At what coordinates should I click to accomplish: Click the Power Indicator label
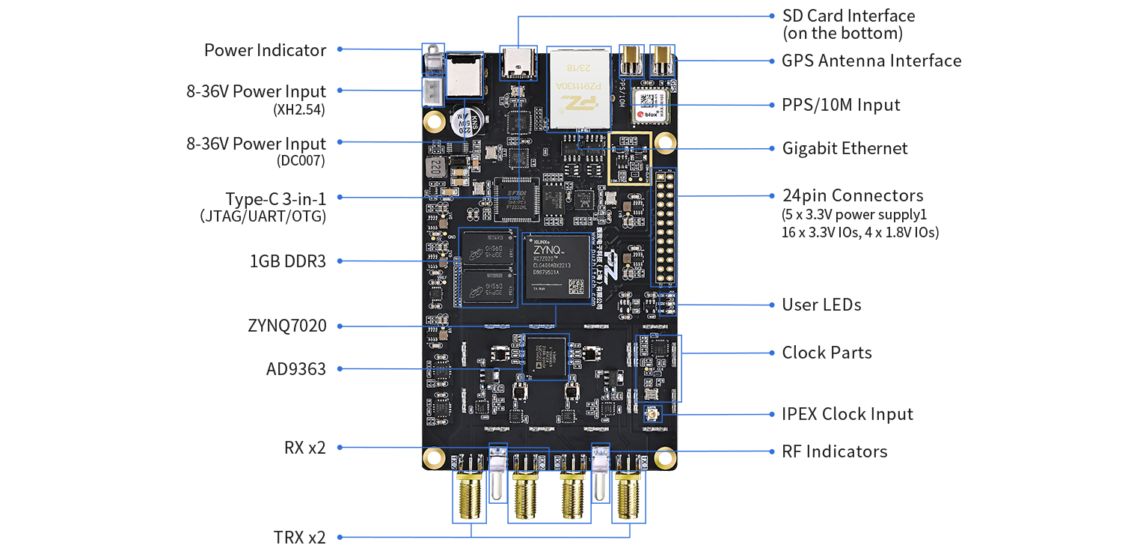[x=265, y=50]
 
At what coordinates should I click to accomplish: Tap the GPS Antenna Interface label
[x=871, y=61]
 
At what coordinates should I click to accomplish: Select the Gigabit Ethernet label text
[x=845, y=148]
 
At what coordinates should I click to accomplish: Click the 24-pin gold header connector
[x=665, y=228]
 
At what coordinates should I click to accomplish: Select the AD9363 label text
[x=295, y=369]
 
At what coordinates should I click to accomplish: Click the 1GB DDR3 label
[x=287, y=261]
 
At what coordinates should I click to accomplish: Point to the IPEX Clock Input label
[x=847, y=414]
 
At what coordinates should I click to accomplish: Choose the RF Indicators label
[x=834, y=451]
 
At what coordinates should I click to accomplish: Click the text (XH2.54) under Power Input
[x=300, y=110]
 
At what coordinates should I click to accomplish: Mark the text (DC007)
[x=301, y=160]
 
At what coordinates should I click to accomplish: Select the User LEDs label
[x=821, y=305]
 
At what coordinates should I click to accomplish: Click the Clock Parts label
[x=827, y=353]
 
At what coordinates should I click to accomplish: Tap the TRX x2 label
[x=299, y=538]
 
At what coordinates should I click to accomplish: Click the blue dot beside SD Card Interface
[x=772, y=15]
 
